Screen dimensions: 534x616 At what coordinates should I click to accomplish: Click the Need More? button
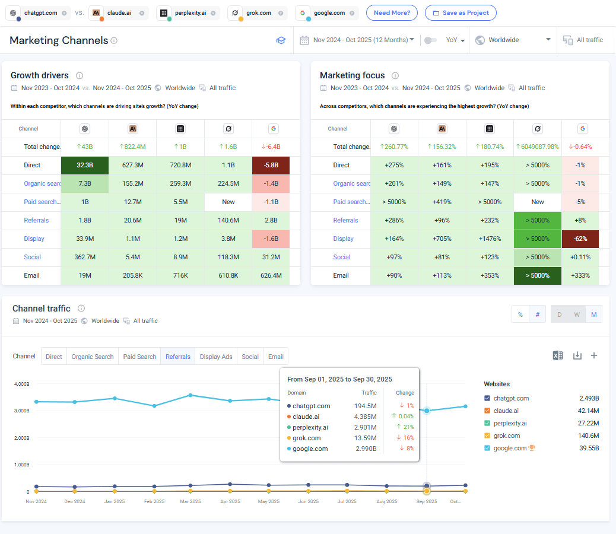coord(392,12)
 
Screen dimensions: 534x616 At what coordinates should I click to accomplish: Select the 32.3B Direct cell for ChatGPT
coord(85,165)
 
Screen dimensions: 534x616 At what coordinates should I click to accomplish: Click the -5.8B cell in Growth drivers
coord(271,165)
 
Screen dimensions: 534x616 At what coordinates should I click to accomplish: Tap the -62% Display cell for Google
coord(580,239)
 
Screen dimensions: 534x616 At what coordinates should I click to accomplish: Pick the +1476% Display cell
coord(490,239)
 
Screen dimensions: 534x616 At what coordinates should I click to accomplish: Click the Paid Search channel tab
coord(139,357)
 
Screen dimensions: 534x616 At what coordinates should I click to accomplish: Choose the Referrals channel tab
coord(178,357)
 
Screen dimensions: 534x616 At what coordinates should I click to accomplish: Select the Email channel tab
coord(275,357)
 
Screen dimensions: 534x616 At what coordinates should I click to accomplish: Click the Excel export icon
coord(557,355)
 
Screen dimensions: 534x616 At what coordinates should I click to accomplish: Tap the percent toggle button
coord(520,314)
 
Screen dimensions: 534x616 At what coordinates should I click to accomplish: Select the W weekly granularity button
coord(576,314)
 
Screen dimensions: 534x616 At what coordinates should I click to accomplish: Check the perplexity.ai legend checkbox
coord(487,423)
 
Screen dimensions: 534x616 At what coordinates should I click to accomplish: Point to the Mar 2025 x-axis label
coord(190,501)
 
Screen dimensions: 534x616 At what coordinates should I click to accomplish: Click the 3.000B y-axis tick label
coord(21,411)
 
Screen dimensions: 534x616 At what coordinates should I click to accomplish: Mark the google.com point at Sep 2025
coord(427,411)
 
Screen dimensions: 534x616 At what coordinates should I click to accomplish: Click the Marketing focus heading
coord(352,75)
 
